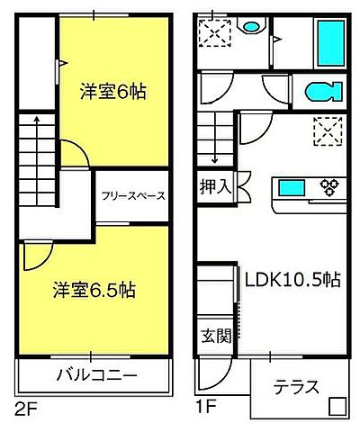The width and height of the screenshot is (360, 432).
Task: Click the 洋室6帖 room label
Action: click(113, 91)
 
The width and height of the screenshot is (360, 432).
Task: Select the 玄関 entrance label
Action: click(214, 337)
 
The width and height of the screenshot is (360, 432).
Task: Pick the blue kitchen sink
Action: click(292, 188)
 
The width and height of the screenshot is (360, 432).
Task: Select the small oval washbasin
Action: click(248, 27)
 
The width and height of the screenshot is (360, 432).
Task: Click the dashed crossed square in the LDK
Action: click(327, 131)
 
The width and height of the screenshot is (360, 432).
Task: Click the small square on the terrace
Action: click(337, 406)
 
